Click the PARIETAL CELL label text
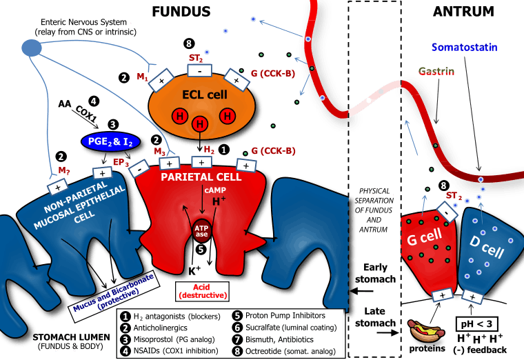[201, 177]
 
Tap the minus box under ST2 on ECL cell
[199, 70]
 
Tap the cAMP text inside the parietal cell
[213, 190]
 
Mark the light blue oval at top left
[31, 48]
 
